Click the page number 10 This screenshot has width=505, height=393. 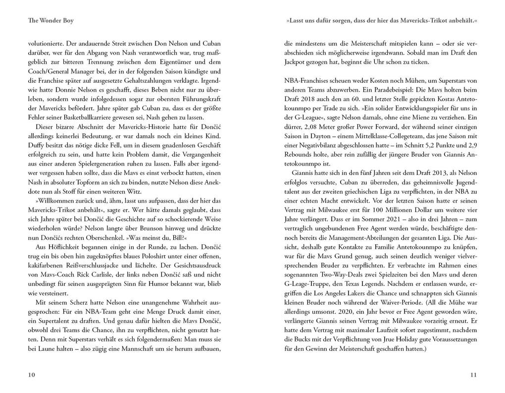pyautogui.click(x=31, y=375)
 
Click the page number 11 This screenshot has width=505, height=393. pyautogui.click(x=473, y=375)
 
